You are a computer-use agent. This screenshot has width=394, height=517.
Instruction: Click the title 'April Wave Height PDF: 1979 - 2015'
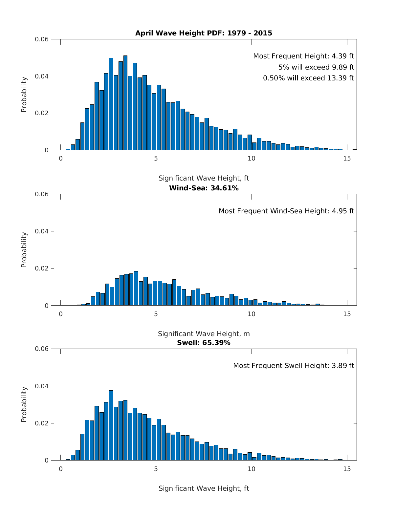[x=204, y=33]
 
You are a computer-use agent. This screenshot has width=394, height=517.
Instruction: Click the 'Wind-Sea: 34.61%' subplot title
[x=204, y=188]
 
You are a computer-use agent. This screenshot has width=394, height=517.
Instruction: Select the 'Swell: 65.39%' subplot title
[x=204, y=343]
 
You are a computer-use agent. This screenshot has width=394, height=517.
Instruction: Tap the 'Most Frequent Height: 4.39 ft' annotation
[x=303, y=56]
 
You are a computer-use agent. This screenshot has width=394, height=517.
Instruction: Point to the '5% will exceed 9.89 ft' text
[x=316, y=67]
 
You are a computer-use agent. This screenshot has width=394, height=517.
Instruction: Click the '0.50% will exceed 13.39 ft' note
[x=308, y=78]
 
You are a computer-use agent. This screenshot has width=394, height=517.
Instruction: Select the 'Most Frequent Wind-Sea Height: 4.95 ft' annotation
[x=286, y=211]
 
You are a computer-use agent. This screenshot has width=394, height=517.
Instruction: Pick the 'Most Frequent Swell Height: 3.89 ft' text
[x=294, y=365]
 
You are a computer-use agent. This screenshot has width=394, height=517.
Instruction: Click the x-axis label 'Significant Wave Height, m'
[x=204, y=334]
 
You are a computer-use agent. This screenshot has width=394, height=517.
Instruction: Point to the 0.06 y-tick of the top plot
[x=42, y=39]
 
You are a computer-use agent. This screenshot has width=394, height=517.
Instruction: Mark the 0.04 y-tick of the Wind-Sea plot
[x=42, y=231]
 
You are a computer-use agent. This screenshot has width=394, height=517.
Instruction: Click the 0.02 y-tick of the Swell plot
[x=42, y=423]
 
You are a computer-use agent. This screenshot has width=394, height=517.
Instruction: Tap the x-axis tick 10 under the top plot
[x=251, y=158]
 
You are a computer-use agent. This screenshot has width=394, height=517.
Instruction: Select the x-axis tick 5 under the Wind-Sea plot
[x=156, y=314]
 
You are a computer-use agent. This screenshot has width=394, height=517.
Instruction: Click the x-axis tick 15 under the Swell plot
[x=347, y=469]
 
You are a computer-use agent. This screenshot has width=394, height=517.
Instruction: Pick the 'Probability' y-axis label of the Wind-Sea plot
[x=24, y=249]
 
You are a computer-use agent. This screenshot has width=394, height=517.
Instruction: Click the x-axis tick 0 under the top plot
[x=61, y=158]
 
